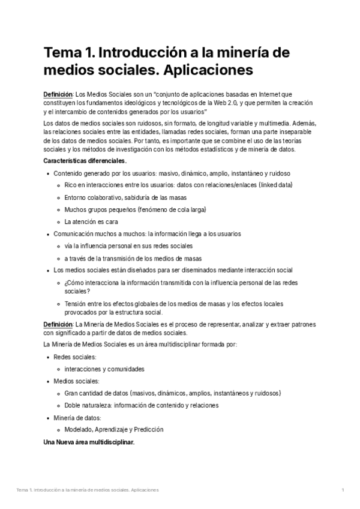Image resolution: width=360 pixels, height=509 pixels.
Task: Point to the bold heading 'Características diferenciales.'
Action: tap(85, 161)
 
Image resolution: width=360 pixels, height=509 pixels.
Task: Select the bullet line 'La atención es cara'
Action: tap(91, 221)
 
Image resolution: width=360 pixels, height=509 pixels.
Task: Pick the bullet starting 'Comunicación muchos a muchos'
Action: tap(147, 234)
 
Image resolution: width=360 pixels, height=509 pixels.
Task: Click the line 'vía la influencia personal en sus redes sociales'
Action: tap(128, 246)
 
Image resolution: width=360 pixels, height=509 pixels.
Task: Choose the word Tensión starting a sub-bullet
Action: tap(76, 303)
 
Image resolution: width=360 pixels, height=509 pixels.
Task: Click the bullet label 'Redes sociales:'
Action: tap(74, 357)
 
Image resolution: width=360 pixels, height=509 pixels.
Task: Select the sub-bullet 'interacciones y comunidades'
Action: tap(104, 369)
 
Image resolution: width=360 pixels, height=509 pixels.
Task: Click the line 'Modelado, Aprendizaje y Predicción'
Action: tap(114, 430)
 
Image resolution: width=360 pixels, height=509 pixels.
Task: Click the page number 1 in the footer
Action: tap(343, 490)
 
